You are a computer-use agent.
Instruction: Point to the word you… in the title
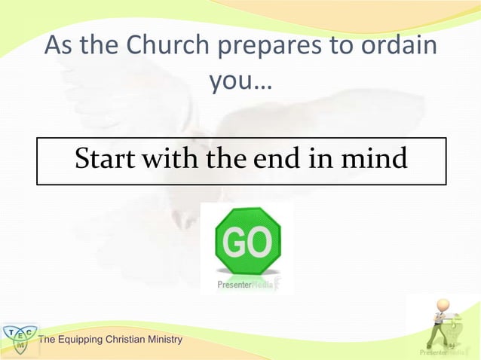coord(240,82)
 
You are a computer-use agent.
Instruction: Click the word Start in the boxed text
coord(103,159)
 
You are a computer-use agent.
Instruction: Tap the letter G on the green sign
coord(231,242)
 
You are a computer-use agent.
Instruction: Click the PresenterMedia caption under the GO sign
coord(243,285)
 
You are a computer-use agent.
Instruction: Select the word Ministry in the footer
coord(166,340)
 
